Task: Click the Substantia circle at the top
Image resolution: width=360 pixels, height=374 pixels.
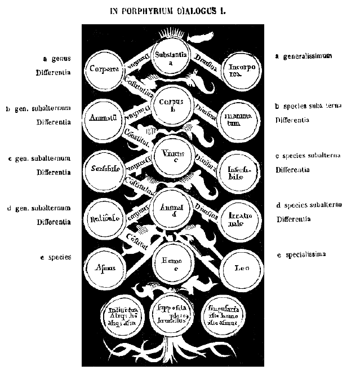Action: [174, 58]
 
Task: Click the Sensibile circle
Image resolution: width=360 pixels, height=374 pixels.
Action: [105, 169]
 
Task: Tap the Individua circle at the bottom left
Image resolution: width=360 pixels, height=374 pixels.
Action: [125, 314]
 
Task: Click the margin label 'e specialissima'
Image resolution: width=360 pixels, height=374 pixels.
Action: [304, 256]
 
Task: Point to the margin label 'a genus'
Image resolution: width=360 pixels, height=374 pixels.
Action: [56, 58]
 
